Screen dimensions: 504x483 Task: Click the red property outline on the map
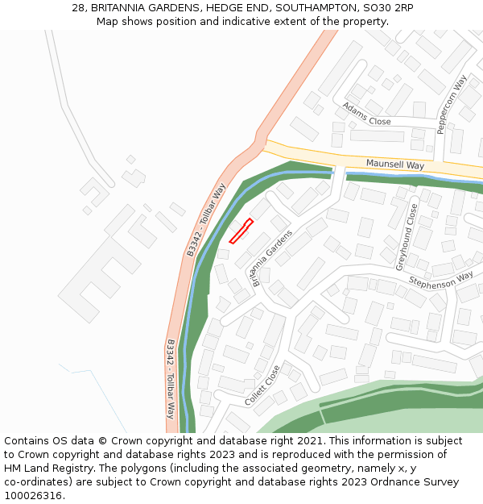242,231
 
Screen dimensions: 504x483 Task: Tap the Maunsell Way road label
394,165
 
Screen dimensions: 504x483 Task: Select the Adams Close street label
366,115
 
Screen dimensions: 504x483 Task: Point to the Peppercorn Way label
452,105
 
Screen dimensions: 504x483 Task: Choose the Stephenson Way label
440,280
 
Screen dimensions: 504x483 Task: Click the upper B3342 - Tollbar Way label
208,220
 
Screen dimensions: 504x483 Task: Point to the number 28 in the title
78,8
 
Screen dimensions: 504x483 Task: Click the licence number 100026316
35,496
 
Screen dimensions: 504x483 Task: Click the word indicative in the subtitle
265,22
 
